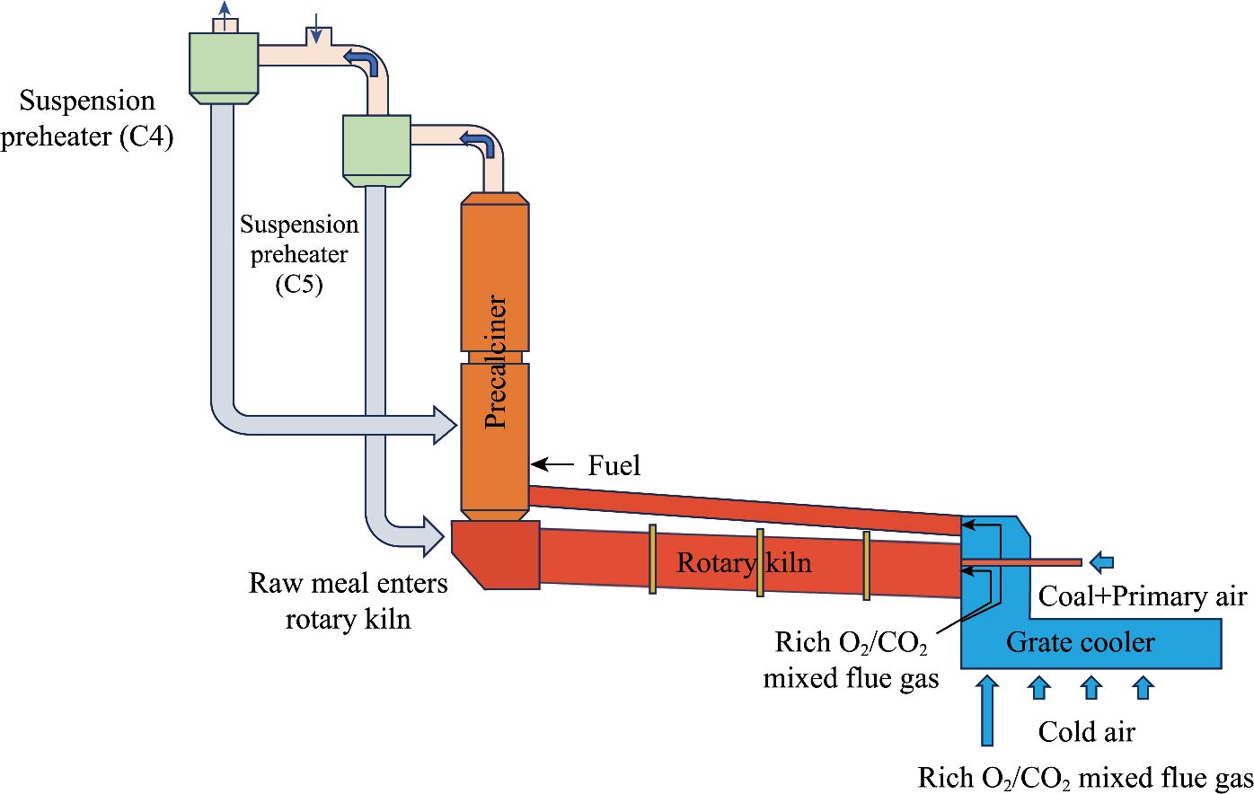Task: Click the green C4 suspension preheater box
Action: click(x=224, y=63)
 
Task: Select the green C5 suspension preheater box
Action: click(x=376, y=145)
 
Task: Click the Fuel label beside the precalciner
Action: click(x=614, y=465)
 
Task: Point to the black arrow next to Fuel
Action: click(x=552, y=464)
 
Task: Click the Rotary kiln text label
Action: click(x=744, y=563)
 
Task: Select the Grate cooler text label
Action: click(x=1080, y=642)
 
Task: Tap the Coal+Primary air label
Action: click(x=1143, y=596)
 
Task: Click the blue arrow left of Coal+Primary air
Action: click(x=1101, y=562)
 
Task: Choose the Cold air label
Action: click(x=1086, y=731)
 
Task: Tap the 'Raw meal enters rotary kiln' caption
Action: click(x=348, y=601)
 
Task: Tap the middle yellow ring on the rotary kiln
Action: click(x=760, y=562)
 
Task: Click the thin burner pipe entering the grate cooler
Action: click(x=1020, y=563)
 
